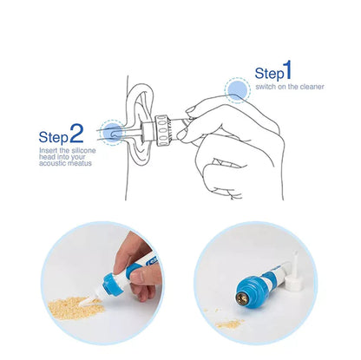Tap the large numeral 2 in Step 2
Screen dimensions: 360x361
pos(76,134)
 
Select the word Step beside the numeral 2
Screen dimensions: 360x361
pos(53,137)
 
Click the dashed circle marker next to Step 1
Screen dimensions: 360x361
pos(236,89)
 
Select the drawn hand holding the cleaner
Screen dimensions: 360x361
pos(234,139)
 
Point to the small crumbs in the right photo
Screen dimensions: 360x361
pos(227,322)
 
